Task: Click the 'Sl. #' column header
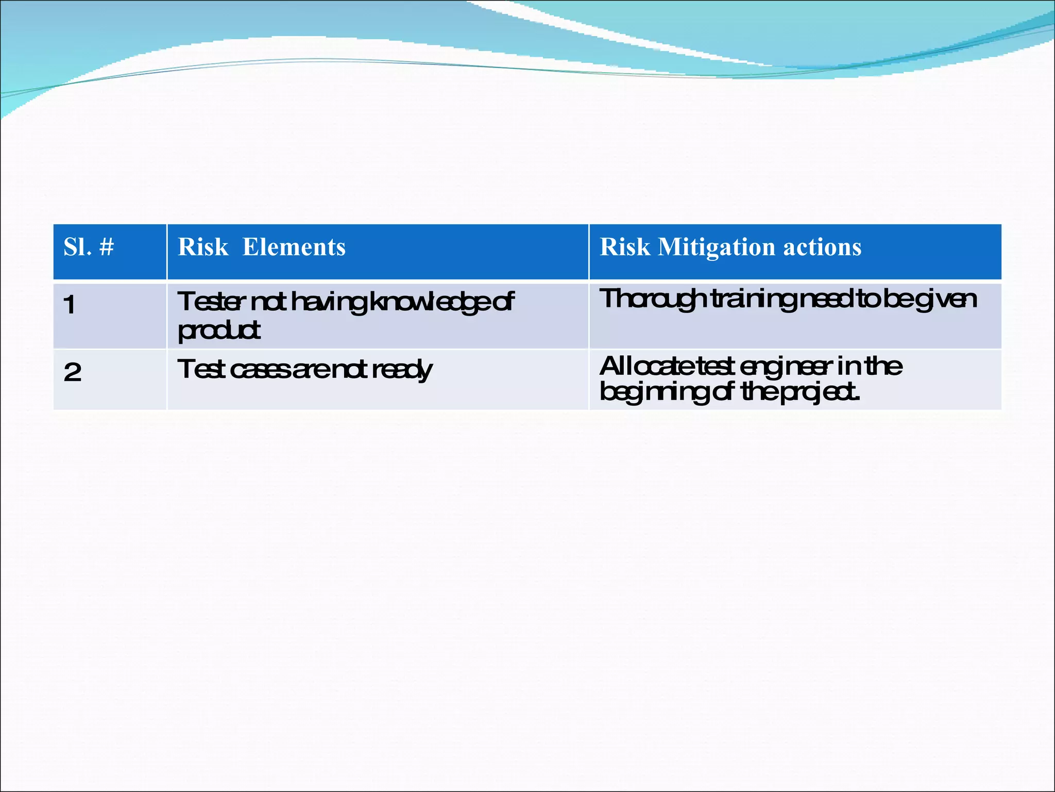pyautogui.click(x=89, y=247)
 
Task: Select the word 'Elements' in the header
pyautogui.click(x=294, y=247)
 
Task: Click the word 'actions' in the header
pyautogui.click(x=822, y=247)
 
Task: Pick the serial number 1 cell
pyautogui.click(x=70, y=305)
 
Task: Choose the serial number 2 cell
pyautogui.click(x=73, y=372)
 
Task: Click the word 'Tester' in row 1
pyautogui.click(x=209, y=302)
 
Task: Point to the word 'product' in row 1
pyautogui.click(x=219, y=331)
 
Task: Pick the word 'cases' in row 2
pyautogui.click(x=261, y=370)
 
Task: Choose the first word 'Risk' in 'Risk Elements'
pyautogui.click(x=203, y=247)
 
